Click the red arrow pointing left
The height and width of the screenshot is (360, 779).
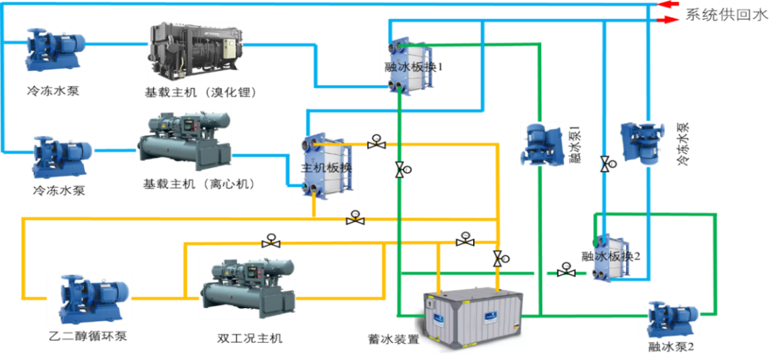click(x=669, y=4)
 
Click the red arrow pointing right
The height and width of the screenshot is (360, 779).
click(x=670, y=19)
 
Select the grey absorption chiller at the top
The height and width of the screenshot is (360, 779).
click(x=195, y=51)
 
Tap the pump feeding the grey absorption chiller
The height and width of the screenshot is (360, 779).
click(x=51, y=49)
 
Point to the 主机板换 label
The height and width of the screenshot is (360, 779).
click(x=326, y=168)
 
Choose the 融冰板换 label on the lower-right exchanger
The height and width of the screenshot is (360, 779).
click(x=609, y=256)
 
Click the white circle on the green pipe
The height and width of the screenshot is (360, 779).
click(x=540, y=273)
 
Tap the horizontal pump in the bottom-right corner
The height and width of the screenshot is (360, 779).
click(x=669, y=319)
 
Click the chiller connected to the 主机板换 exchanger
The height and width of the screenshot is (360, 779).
click(x=184, y=139)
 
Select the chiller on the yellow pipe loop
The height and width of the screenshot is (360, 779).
click(x=247, y=289)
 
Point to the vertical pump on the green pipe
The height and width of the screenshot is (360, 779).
click(x=542, y=144)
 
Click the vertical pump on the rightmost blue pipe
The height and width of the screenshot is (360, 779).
click(x=642, y=144)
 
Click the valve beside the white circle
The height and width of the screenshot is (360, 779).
click(x=566, y=273)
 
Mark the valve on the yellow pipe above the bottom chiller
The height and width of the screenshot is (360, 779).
click(x=270, y=244)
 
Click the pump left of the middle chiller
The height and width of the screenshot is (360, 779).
click(x=57, y=156)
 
